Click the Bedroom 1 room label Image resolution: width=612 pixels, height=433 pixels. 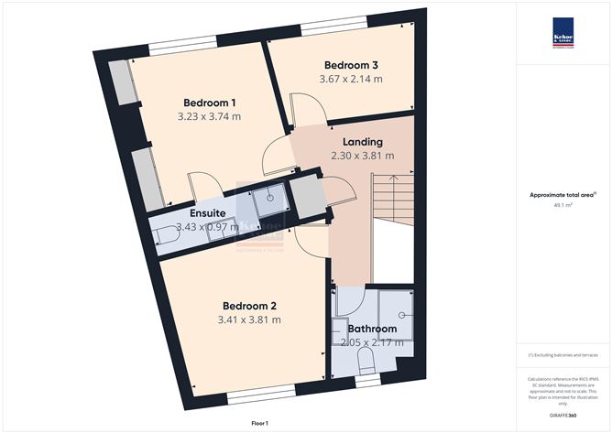(210, 102)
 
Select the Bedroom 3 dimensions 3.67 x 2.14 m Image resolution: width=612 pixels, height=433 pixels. (351, 80)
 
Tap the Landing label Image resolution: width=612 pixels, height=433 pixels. (363, 142)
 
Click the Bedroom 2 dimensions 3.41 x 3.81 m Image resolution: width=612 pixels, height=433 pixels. (249, 319)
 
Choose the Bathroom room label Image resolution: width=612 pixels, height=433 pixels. (371, 329)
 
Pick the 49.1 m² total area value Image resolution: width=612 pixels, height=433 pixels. (563, 206)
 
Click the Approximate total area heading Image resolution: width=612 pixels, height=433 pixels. (563, 194)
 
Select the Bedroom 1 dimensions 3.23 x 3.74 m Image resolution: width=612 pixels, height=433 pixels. (210, 116)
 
